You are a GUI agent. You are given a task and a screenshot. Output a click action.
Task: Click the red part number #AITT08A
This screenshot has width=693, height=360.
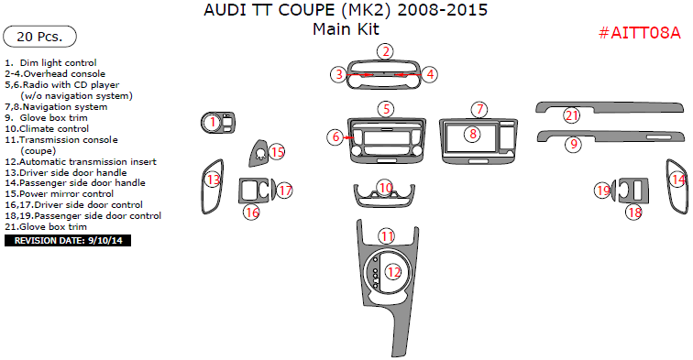(x=639, y=33)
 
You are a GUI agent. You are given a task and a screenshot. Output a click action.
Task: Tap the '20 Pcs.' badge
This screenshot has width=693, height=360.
(x=39, y=37)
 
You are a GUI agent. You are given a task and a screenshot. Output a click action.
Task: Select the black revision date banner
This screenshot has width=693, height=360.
(x=68, y=241)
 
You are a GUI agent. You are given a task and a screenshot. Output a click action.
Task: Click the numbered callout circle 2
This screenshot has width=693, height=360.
(x=386, y=51)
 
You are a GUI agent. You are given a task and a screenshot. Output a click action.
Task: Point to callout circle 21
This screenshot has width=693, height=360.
(x=571, y=115)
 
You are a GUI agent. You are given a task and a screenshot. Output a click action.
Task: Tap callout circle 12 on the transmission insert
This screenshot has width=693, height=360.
(x=393, y=272)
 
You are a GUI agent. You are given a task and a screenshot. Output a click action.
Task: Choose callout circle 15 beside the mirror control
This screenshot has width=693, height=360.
(x=277, y=152)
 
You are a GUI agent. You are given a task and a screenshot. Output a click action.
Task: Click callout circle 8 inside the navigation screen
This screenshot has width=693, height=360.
(x=472, y=134)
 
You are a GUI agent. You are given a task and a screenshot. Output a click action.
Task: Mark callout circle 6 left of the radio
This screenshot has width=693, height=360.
(x=335, y=136)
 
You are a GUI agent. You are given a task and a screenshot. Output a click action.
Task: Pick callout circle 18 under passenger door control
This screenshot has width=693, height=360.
(x=634, y=213)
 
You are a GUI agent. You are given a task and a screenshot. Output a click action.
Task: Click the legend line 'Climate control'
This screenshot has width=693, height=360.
(x=47, y=129)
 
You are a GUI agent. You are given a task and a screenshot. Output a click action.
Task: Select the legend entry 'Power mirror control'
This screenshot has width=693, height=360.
(x=60, y=194)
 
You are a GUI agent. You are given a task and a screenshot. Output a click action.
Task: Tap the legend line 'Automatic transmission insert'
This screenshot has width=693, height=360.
(x=81, y=161)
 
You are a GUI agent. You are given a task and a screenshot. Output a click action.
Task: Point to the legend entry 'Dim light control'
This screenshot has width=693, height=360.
(x=50, y=63)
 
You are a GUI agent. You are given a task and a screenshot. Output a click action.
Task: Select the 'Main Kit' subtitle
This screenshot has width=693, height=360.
(x=346, y=29)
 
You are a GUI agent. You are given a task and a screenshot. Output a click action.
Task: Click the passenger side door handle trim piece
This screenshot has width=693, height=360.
(x=677, y=186)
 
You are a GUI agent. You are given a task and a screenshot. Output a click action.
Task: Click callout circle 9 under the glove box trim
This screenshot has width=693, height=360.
(x=573, y=144)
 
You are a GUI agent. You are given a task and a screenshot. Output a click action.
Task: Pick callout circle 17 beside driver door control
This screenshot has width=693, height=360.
(x=285, y=191)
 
